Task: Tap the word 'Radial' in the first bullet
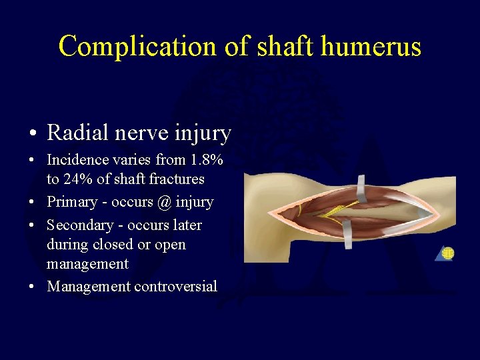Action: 75,133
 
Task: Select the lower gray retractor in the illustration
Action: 347,235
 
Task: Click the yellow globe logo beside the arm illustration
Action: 447,253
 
